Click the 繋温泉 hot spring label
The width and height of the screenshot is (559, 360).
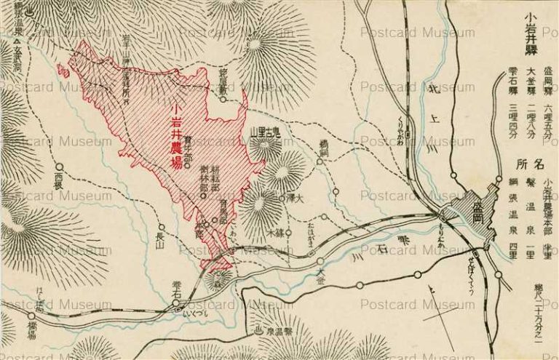[x=278, y=332]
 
